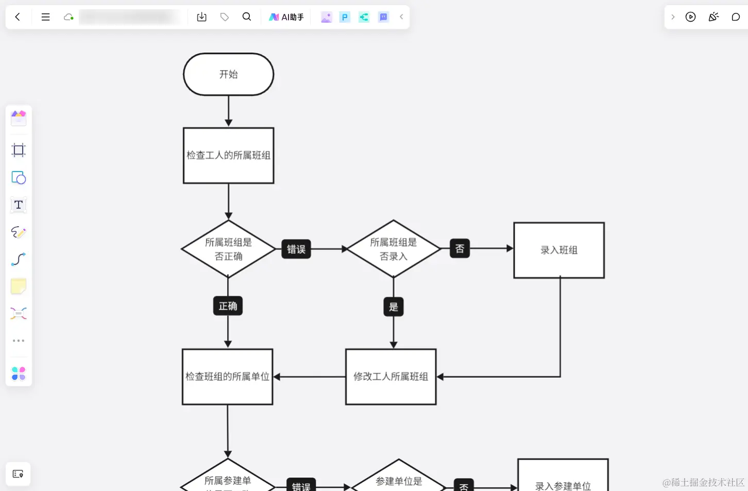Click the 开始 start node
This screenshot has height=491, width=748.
[x=228, y=74]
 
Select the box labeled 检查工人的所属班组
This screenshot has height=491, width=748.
[x=228, y=156]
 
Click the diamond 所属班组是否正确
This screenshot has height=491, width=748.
[x=228, y=249]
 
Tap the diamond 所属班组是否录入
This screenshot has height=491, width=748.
[x=393, y=249]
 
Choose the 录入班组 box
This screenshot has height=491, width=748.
[x=559, y=250]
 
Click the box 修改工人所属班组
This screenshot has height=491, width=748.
[x=391, y=377]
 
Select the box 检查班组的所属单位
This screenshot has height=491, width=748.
[x=227, y=377]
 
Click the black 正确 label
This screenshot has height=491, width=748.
[x=228, y=306]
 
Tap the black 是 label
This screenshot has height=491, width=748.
[x=394, y=307]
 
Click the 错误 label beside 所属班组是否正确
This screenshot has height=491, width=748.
[x=296, y=249]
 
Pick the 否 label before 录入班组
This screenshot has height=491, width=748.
[x=460, y=249]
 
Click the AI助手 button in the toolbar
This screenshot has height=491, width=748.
[x=286, y=17]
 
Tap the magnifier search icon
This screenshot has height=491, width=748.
[x=247, y=17]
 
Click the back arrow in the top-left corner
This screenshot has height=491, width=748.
[x=18, y=17]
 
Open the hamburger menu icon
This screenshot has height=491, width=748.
[x=45, y=17]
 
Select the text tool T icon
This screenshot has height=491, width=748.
[x=19, y=205]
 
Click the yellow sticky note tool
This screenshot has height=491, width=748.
[x=19, y=286]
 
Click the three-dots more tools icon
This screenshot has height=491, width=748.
[x=19, y=341]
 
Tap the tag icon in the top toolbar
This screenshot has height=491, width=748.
[x=225, y=17]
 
